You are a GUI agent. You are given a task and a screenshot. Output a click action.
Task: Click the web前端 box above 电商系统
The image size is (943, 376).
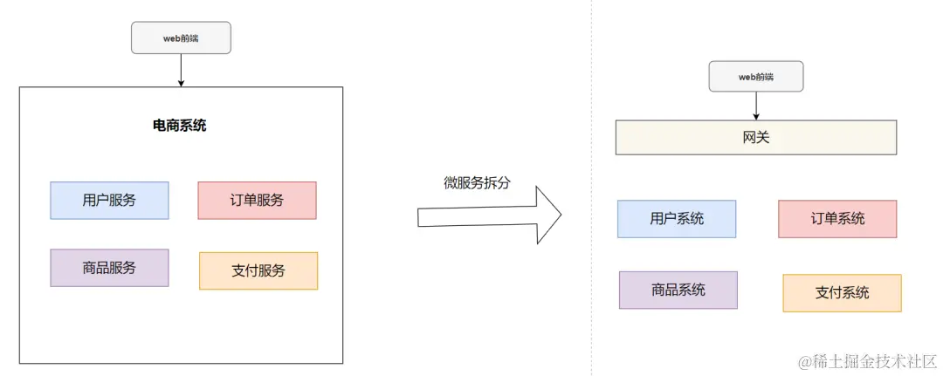pyautogui.click(x=181, y=38)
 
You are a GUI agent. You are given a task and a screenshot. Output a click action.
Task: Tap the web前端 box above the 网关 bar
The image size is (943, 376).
pyautogui.click(x=756, y=77)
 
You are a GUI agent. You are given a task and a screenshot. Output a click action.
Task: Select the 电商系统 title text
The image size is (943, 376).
pyautogui.click(x=180, y=126)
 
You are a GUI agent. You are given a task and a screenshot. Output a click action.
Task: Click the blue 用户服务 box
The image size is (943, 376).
pyautogui.click(x=109, y=200)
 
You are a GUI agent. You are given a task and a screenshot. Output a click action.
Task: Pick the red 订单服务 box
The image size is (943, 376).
pyautogui.click(x=257, y=200)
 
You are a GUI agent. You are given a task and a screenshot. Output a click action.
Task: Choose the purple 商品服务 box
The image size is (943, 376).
pyautogui.click(x=109, y=268)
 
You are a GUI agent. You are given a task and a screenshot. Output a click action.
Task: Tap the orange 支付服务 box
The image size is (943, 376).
pyautogui.click(x=258, y=270)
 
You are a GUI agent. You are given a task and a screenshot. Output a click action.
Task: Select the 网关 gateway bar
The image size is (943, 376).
pyautogui.click(x=756, y=138)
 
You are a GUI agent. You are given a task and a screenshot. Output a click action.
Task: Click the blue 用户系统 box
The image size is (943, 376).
pyautogui.click(x=677, y=219)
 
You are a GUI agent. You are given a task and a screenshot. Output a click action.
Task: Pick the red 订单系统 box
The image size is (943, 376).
pyautogui.click(x=837, y=219)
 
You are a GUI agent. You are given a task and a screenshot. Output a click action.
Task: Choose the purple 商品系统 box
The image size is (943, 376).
pyautogui.click(x=678, y=290)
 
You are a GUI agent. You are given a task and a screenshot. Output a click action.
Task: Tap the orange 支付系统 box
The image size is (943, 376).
pyautogui.click(x=842, y=293)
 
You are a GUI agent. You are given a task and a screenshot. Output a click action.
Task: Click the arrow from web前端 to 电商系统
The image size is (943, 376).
pyautogui.click(x=181, y=70)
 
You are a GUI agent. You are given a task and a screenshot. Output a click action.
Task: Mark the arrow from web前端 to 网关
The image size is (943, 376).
pyautogui.click(x=756, y=106)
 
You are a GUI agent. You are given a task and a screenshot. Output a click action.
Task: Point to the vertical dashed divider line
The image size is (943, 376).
pyautogui.click(x=591, y=262)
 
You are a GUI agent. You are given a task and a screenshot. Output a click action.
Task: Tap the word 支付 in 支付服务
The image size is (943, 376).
pyautogui.click(x=245, y=270)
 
